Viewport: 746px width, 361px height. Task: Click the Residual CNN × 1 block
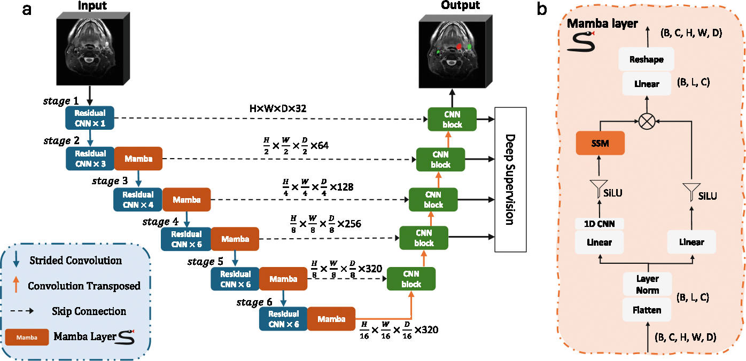point(90,118)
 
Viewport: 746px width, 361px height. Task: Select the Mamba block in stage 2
point(138,159)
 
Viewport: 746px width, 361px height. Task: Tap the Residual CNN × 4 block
point(138,200)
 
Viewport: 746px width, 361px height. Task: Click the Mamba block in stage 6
point(331,319)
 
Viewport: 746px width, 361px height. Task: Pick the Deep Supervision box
point(510,179)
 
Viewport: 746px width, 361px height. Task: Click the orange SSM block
point(600,143)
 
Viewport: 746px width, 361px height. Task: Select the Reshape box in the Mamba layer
point(647,59)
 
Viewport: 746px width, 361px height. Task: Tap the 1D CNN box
point(600,224)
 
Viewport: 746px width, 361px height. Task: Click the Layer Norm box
point(648,284)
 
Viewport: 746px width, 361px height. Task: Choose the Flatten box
point(647,310)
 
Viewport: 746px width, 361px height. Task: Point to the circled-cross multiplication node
point(647,121)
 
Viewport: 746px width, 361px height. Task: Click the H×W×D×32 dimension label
point(278,108)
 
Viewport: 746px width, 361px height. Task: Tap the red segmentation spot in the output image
point(459,46)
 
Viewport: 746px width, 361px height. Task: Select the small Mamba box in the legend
point(27,338)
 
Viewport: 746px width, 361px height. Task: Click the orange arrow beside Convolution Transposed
point(15,285)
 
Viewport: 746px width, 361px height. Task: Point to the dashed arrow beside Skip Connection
point(22,311)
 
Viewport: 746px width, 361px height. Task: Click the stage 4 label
point(160,222)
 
